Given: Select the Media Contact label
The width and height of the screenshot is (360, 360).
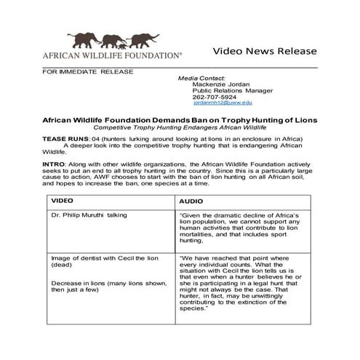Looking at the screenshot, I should point(201,78).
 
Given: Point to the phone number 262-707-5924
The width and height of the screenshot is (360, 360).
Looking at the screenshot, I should point(215,97).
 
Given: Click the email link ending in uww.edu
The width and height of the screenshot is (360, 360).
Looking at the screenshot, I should point(223,103).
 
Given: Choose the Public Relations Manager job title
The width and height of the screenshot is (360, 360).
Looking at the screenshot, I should point(232,91).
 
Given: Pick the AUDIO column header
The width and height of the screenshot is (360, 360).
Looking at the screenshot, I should point(191,199).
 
